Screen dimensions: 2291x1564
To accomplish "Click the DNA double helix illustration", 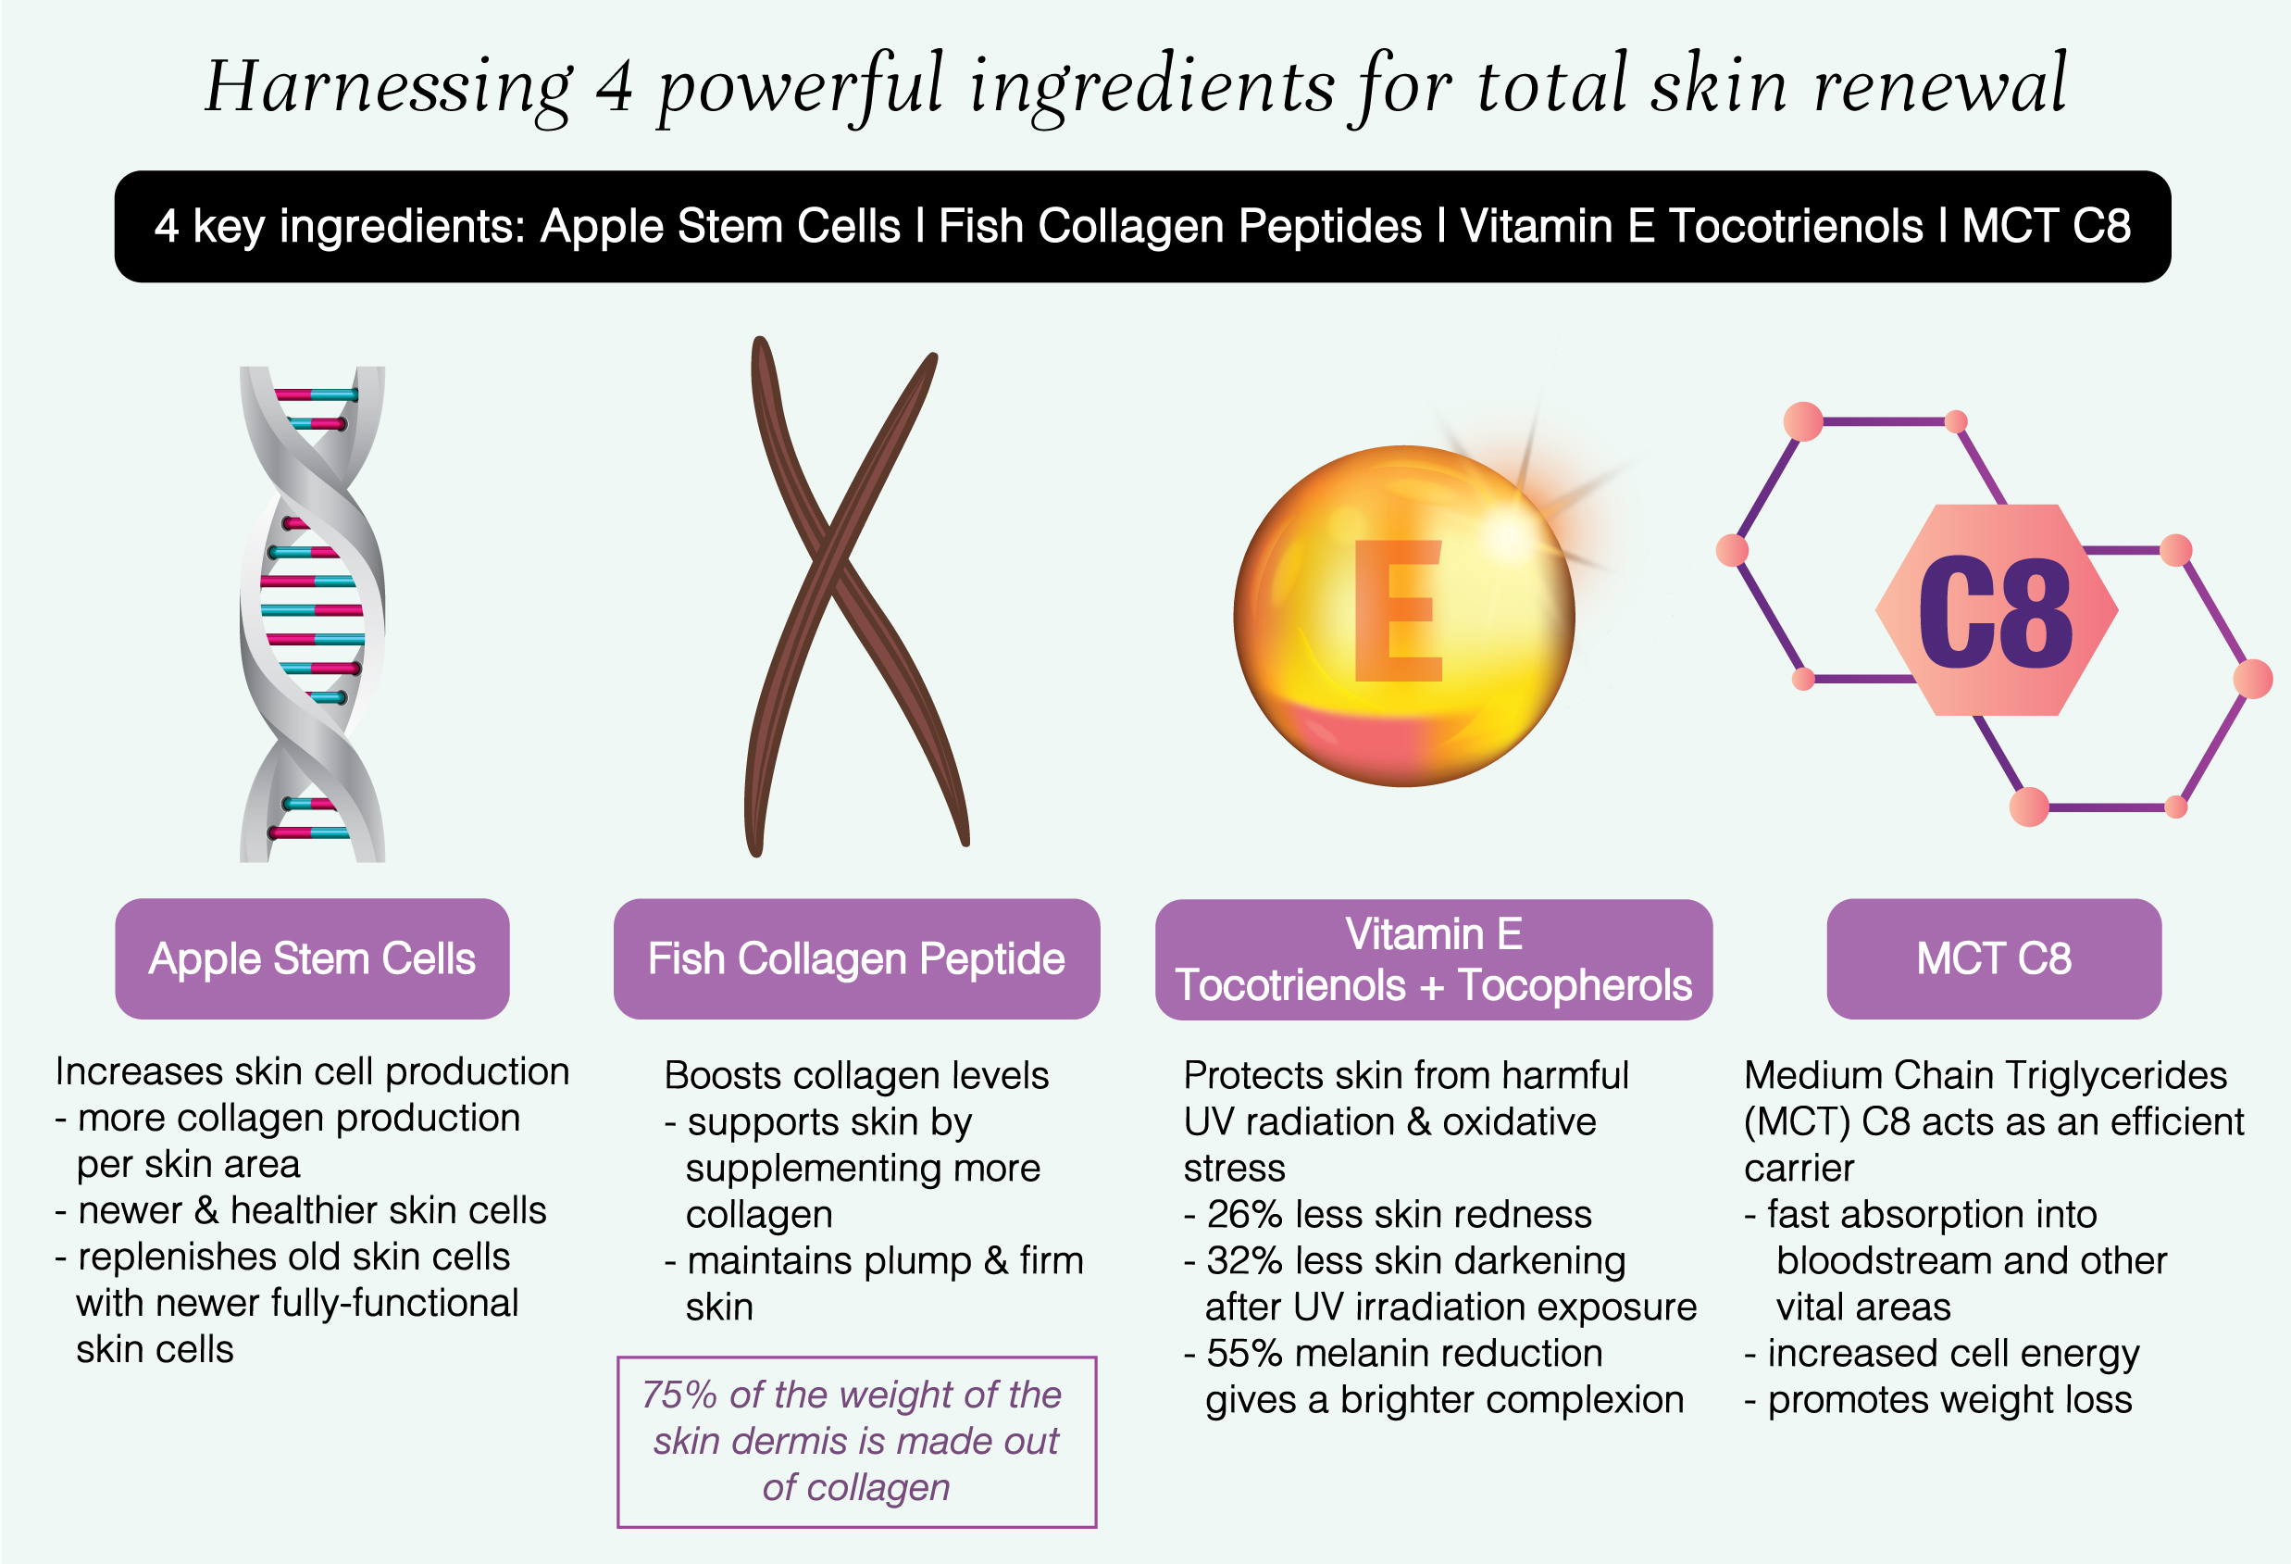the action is [313, 613].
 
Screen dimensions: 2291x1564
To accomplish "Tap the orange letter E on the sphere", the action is [1398, 610].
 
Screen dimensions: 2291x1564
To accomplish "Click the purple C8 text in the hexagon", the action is [1996, 610].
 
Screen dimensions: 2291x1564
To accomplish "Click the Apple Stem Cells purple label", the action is [313, 958].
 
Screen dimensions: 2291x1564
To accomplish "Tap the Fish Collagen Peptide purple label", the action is [856, 958].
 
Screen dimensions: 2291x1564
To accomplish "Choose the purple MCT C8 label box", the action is [1993, 958].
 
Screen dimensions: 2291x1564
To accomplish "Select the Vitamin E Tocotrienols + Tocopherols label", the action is [1433, 959].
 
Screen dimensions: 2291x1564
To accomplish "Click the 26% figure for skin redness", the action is [1245, 1215].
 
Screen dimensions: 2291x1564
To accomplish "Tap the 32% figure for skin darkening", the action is [1245, 1261].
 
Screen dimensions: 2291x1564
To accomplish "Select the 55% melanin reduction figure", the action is [1245, 1354].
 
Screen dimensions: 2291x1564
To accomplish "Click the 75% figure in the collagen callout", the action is [679, 1395].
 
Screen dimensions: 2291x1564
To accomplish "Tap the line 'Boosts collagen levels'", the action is [856, 1076].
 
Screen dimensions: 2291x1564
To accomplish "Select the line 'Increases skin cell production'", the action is [313, 1072].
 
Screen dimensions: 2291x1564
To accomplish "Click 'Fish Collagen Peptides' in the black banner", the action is [1180, 227].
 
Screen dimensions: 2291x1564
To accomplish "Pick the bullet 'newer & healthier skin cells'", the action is [301, 1211].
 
